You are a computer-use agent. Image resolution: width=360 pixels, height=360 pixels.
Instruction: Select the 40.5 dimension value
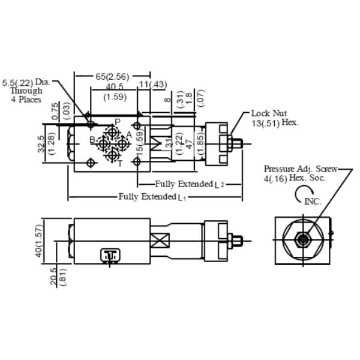[114, 86]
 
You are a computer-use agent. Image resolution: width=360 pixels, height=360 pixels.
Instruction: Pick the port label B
[92, 140]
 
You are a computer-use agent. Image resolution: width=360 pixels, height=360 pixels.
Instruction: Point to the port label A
[128, 134]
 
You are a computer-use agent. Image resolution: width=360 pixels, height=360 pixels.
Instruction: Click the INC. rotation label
[313, 202]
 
